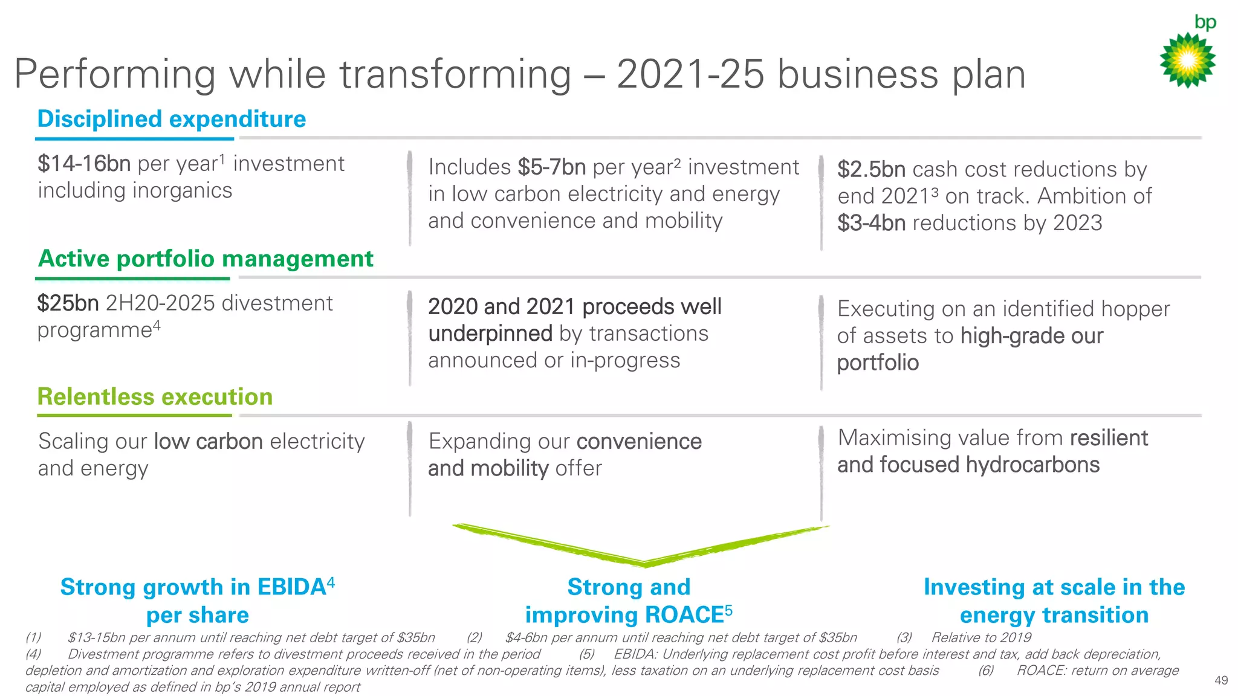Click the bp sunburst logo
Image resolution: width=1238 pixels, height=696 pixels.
(1187, 60)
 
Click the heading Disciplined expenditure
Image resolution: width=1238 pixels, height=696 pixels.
(172, 119)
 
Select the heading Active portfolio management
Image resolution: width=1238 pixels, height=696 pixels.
(206, 259)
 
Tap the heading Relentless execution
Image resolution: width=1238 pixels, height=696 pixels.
(155, 397)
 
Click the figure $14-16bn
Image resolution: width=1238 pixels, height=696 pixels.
(84, 164)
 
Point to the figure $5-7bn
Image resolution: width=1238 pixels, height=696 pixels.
(551, 167)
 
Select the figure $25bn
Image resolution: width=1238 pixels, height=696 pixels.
(68, 303)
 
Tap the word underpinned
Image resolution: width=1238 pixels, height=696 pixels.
(490, 333)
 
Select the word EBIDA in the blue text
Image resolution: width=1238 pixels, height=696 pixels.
(291, 587)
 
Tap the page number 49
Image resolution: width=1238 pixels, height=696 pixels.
(1220, 680)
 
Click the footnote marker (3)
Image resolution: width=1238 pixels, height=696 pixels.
(904, 637)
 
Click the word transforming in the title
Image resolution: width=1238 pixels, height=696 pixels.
(455, 74)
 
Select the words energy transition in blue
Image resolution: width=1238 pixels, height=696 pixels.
(1054, 615)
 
